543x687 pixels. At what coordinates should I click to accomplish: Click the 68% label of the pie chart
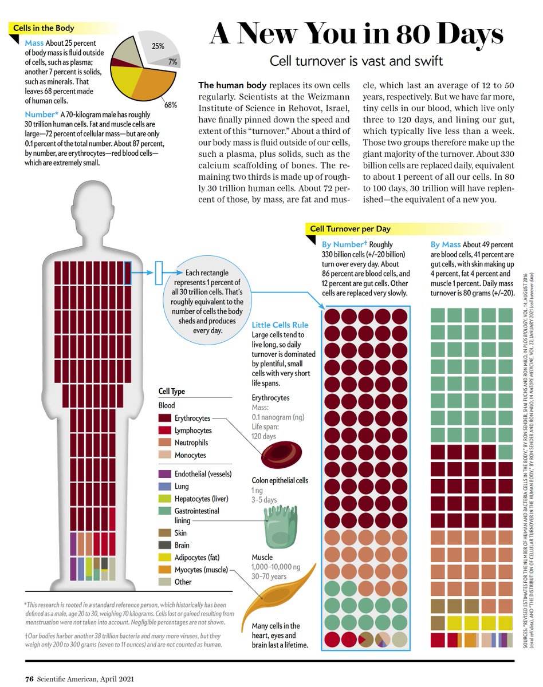(x=170, y=105)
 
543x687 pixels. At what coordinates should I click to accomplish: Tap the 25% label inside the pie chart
(x=159, y=46)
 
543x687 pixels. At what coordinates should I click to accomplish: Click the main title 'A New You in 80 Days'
(x=356, y=35)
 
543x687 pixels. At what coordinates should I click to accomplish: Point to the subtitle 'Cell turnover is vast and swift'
(x=357, y=60)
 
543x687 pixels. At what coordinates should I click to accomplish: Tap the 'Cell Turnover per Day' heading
(x=350, y=228)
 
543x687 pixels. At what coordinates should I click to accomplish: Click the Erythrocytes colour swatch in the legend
(x=166, y=418)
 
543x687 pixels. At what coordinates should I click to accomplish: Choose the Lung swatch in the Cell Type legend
(x=166, y=486)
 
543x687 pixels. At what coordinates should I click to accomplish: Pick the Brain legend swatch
(x=166, y=545)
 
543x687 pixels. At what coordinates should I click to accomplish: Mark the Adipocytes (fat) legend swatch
(x=166, y=557)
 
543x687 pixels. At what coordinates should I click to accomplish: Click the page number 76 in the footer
(x=29, y=679)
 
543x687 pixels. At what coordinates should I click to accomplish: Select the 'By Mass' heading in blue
(x=446, y=245)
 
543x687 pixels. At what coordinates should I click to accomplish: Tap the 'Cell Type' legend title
(x=172, y=392)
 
